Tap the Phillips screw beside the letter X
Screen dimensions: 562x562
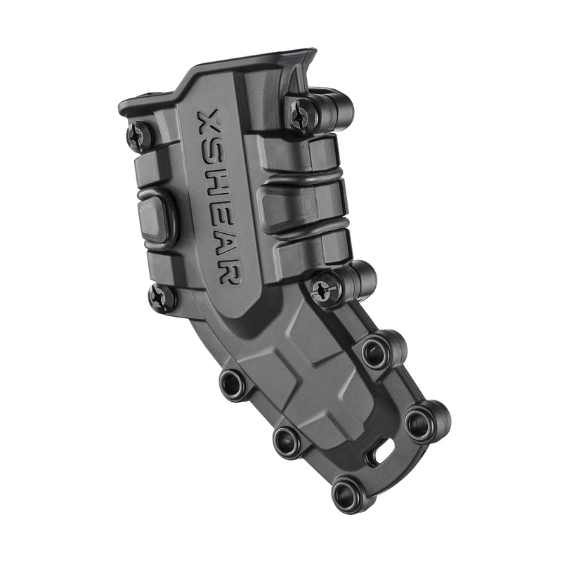click(140, 135)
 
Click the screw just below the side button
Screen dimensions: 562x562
click(162, 298)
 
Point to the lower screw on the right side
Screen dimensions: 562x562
click(322, 288)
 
